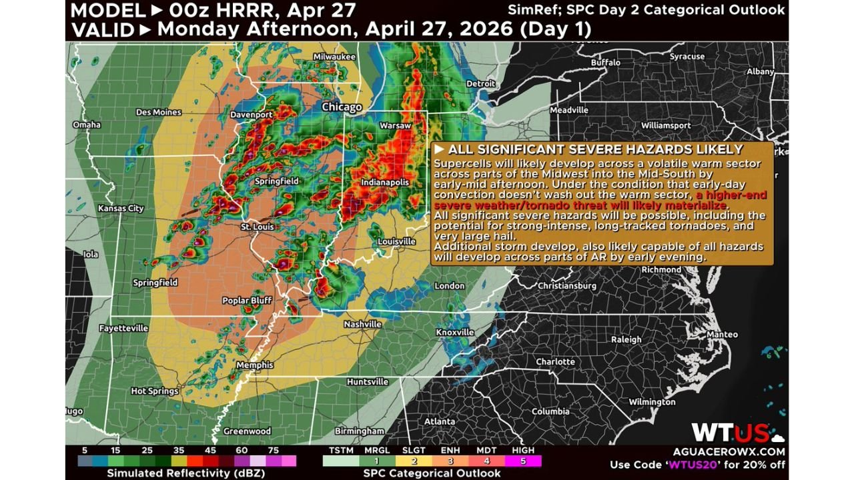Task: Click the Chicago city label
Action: tap(342, 107)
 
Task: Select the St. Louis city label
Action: tap(258, 227)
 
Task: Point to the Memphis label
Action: tap(254, 365)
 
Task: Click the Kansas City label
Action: tap(121, 208)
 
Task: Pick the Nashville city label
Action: tap(362, 324)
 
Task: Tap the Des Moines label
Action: tap(158, 112)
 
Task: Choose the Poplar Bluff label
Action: tap(247, 301)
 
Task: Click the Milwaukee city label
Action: tap(334, 57)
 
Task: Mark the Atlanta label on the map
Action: tap(440, 421)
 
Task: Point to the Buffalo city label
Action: tap(605, 62)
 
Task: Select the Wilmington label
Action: tap(652, 402)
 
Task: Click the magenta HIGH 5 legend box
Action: tap(524, 461)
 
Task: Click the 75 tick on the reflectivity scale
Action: tap(273, 450)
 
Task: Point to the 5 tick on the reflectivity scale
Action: tap(85, 450)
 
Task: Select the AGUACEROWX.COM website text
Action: tap(739, 451)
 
